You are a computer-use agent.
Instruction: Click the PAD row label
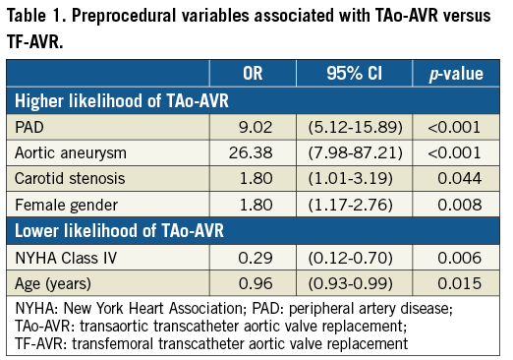31,127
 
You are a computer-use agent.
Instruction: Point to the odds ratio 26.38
253,153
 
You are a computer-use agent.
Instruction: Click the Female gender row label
65,207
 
